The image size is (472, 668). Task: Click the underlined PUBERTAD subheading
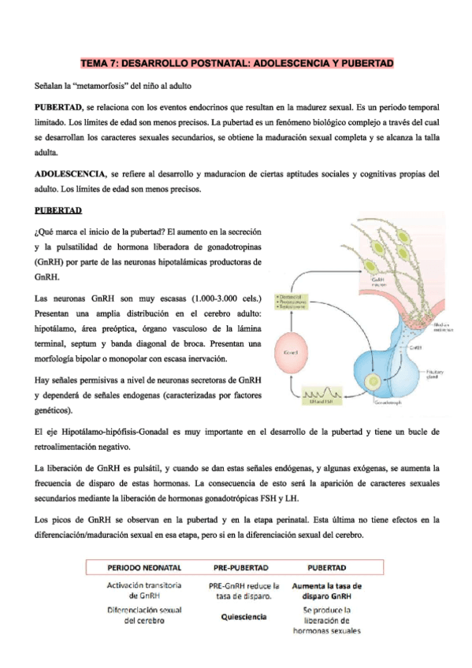coord(59,210)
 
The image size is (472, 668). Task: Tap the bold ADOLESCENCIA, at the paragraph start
coord(70,173)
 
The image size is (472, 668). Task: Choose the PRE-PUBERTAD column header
coord(241,566)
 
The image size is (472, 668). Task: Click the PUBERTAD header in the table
coord(328,566)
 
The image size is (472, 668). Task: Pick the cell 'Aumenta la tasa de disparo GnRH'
coord(327,591)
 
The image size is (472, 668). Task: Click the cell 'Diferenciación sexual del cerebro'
coord(144,615)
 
